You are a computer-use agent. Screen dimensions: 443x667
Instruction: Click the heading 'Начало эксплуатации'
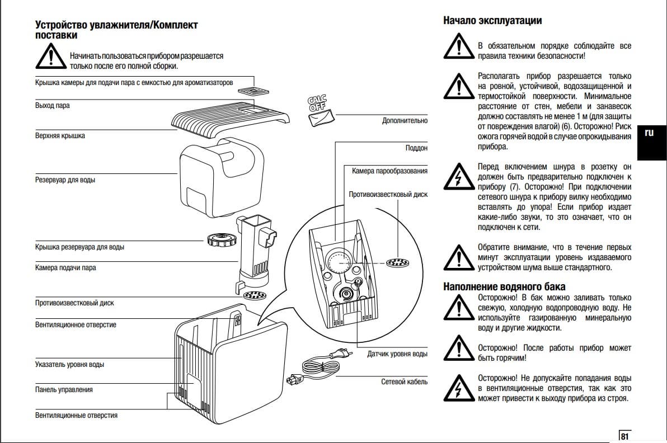click(x=492, y=21)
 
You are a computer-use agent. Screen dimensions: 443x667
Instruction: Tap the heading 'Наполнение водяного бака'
click(x=504, y=287)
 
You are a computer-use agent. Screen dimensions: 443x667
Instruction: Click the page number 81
click(x=624, y=436)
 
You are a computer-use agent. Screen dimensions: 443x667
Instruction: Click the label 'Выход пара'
click(x=53, y=106)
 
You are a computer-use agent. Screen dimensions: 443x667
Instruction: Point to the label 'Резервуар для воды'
click(x=65, y=180)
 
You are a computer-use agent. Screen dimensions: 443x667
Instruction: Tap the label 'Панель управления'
click(x=64, y=389)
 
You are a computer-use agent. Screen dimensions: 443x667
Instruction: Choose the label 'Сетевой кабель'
click(x=404, y=381)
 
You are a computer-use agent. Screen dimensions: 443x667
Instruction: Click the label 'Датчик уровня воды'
click(x=397, y=354)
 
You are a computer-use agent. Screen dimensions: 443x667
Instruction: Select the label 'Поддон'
click(x=416, y=148)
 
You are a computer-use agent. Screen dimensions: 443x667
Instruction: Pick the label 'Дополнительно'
click(x=405, y=120)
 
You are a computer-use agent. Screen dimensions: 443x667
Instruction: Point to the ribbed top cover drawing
click(x=230, y=117)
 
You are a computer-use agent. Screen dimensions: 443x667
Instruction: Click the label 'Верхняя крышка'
click(x=60, y=136)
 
